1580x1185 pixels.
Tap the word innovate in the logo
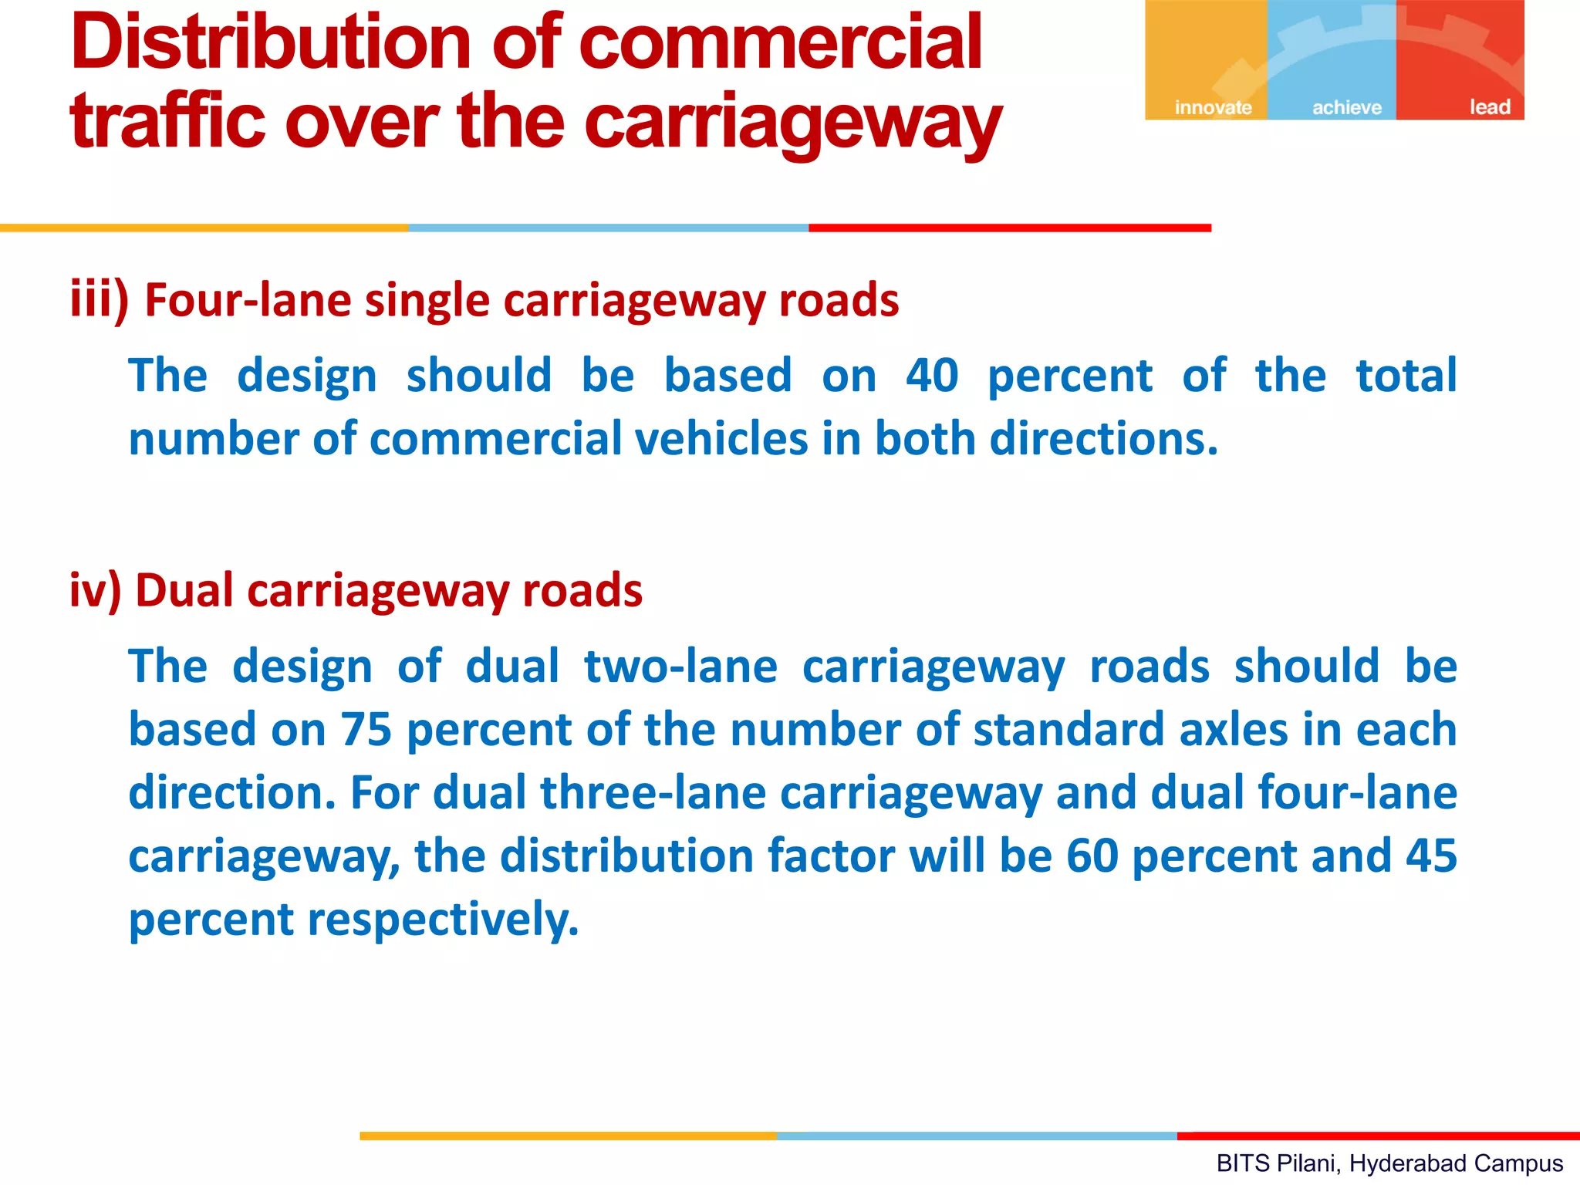[1213, 107]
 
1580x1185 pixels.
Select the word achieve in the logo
[1347, 107]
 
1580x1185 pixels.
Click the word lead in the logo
[1489, 107]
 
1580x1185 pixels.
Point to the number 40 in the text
[932, 376]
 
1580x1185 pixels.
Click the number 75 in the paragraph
[366, 730]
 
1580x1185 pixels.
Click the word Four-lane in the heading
[248, 300]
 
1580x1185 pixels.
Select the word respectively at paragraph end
[443, 920]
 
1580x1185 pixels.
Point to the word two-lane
[680, 667]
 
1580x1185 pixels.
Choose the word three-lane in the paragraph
[653, 793]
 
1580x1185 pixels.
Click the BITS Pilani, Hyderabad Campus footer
[1389, 1163]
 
